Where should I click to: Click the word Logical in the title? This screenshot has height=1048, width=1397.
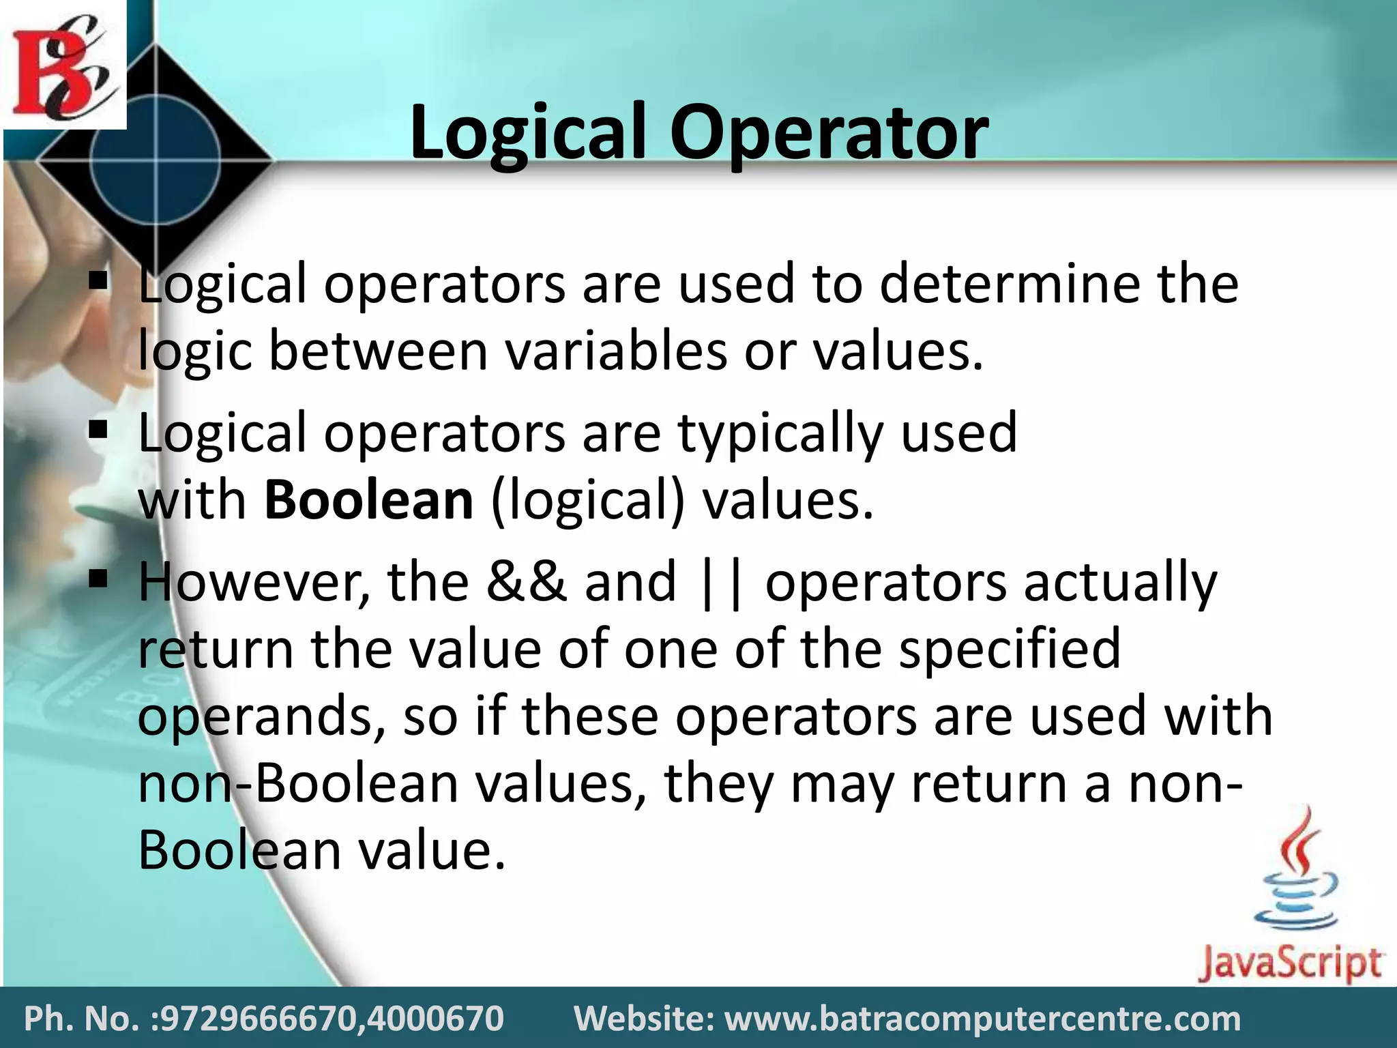pyautogui.click(x=527, y=133)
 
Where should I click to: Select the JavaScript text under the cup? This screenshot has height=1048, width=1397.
pyautogui.click(x=1290, y=963)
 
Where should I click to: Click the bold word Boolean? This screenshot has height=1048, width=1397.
pyautogui.click(x=368, y=500)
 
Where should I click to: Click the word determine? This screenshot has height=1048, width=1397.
pyautogui.click(x=1009, y=284)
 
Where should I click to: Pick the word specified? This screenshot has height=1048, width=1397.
pyautogui.click(x=1010, y=649)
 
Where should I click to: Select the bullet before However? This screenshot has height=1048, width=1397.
pyautogui.click(x=99, y=579)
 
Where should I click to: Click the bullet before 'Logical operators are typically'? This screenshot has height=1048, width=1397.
pyautogui.click(x=99, y=431)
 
